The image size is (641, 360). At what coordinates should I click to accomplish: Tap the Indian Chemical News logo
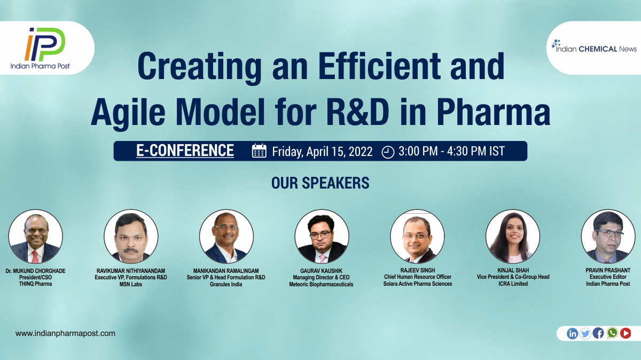click(594, 47)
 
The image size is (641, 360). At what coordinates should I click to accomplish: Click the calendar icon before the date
click(259, 151)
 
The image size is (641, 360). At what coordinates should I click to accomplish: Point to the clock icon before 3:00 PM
click(388, 152)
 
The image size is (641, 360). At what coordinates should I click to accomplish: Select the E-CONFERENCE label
click(185, 151)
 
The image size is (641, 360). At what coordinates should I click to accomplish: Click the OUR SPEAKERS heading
click(320, 183)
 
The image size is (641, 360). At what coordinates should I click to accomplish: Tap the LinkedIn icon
click(572, 334)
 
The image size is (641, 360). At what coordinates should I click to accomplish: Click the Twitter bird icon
click(585, 334)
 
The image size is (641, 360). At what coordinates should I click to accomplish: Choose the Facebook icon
click(598, 333)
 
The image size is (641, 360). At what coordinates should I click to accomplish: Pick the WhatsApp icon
click(612, 333)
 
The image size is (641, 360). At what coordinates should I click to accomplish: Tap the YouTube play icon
click(626, 333)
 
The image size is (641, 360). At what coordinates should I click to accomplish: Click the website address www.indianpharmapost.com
click(65, 333)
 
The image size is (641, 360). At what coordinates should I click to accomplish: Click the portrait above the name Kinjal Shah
click(513, 237)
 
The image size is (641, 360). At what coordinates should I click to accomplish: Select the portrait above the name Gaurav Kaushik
click(322, 237)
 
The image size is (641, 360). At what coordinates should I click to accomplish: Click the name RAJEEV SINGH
click(418, 270)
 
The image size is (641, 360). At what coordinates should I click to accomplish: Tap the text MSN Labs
click(131, 284)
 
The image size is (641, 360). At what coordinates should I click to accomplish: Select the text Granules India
click(226, 284)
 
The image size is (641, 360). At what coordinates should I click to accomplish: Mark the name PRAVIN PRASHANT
click(608, 270)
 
